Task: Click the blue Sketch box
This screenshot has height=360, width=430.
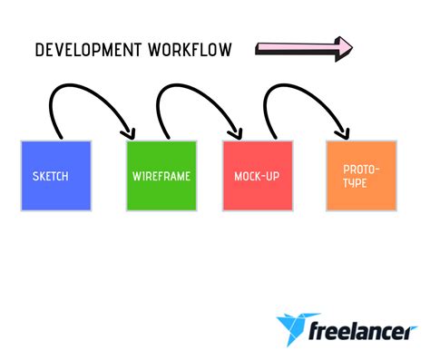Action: (x=55, y=175)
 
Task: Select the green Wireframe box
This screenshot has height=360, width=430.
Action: (x=161, y=175)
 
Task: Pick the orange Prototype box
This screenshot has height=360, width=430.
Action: (x=361, y=175)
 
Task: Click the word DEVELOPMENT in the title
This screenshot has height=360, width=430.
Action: (x=86, y=49)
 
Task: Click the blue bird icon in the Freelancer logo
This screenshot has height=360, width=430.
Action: (x=293, y=328)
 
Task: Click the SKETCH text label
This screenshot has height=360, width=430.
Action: (x=50, y=176)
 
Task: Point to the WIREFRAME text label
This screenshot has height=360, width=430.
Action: (x=161, y=176)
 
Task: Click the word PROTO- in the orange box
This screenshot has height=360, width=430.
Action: (x=361, y=170)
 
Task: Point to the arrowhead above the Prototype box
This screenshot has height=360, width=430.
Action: (x=342, y=132)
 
